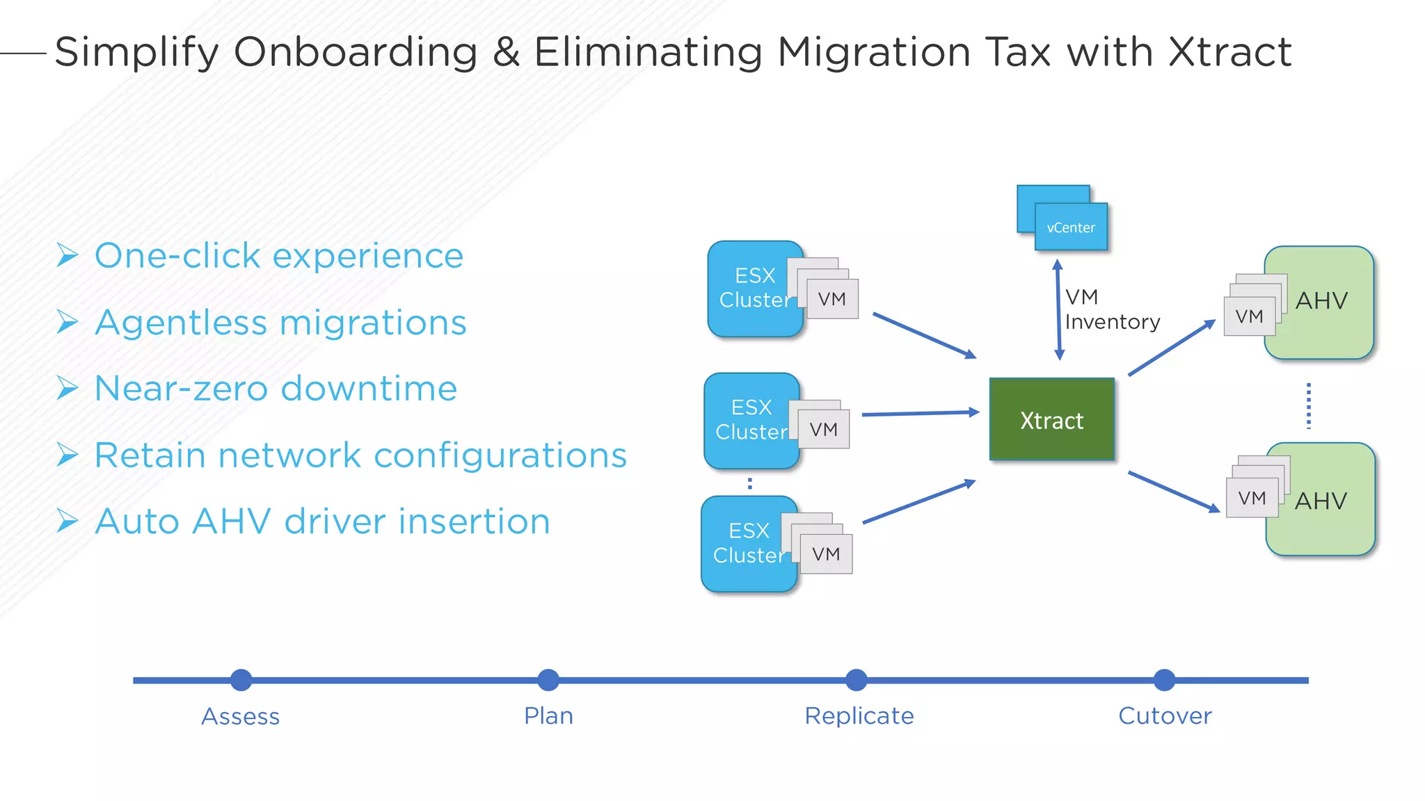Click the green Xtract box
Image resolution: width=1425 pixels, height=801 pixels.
(1051, 419)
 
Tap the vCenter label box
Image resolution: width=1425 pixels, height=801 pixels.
(1071, 227)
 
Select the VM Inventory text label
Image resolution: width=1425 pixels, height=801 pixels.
(1111, 309)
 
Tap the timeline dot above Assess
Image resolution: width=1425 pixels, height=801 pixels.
(241, 680)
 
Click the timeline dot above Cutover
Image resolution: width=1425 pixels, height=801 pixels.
(1164, 680)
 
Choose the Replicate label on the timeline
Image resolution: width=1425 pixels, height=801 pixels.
(859, 716)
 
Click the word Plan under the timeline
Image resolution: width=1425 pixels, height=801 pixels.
(548, 716)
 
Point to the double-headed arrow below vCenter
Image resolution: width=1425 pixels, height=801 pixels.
(1058, 309)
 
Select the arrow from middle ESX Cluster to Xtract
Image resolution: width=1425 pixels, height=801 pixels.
(920, 414)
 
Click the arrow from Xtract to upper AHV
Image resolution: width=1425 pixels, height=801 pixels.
(1171, 348)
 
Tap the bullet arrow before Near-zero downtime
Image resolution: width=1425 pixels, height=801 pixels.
(67, 388)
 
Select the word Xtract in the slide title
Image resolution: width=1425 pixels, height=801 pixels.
(1229, 52)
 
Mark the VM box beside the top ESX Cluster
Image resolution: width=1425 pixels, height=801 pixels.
(832, 300)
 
